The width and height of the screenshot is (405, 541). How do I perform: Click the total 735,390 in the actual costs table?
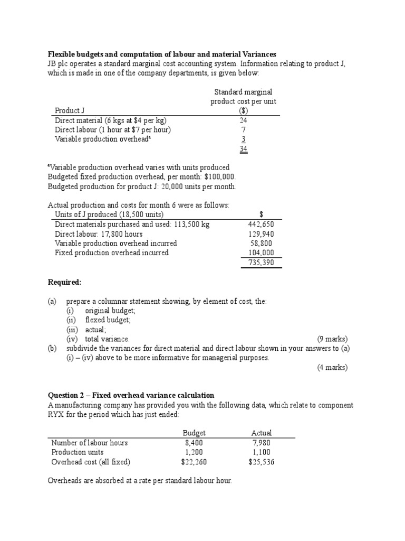click(261, 262)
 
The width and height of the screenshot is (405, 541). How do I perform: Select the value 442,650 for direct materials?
click(261, 224)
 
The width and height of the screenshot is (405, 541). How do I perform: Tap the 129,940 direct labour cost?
click(261, 234)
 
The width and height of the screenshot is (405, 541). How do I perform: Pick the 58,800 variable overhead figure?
click(263, 243)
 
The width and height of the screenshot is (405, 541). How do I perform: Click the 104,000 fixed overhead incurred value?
click(261, 253)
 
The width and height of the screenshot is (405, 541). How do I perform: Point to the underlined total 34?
click(243, 148)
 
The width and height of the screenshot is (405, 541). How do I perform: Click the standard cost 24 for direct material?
click(243, 120)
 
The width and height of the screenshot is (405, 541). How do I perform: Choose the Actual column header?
click(262, 433)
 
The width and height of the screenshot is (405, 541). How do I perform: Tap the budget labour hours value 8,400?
click(194, 442)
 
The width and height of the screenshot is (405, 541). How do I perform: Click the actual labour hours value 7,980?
click(262, 442)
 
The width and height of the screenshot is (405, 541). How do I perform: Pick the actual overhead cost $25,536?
click(262, 461)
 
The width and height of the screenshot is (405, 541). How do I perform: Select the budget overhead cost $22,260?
click(194, 461)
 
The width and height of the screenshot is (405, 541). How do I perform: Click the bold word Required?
click(65, 282)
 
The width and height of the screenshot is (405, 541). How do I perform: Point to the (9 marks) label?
click(332, 339)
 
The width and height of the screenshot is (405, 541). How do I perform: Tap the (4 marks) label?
click(332, 367)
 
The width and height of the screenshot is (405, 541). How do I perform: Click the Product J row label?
click(70, 110)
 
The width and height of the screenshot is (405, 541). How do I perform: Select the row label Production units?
click(78, 452)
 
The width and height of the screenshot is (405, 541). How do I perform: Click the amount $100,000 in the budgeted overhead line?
click(216, 177)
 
